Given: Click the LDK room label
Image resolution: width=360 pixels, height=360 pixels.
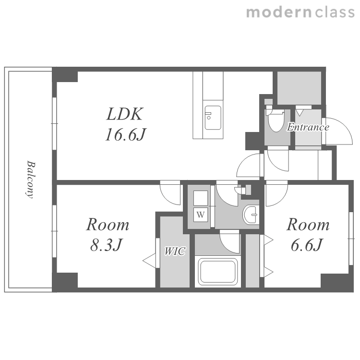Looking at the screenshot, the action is [x=125, y=114].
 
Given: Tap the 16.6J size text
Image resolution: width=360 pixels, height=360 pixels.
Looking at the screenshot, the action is [x=126, y=134].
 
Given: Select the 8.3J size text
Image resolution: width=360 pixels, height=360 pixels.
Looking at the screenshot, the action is [x=106, y=245].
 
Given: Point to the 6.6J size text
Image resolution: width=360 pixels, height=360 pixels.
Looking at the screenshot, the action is [x=307, y=245].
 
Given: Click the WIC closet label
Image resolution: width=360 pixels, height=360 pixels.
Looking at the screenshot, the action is [x=175, y=251].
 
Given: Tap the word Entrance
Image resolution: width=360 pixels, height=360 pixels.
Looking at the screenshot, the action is [x=308, y=127].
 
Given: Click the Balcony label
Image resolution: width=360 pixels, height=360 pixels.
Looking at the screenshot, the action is [x=30, y=180].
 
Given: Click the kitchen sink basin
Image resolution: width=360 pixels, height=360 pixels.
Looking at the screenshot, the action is [x=213, y=118].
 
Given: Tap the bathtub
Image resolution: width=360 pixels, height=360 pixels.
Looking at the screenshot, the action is [x=217, y=271].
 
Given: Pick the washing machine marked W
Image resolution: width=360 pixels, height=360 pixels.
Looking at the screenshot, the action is [x=201, y=215].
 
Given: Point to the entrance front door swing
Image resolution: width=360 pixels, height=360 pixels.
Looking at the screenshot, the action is [x=337, y=131].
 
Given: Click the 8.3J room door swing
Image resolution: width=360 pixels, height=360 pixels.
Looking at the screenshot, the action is [x=170, y=193].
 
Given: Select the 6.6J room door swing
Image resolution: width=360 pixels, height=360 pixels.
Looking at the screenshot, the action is [x=276, y=193].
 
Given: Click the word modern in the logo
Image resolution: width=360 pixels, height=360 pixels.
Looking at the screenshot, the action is [x=279, y=12].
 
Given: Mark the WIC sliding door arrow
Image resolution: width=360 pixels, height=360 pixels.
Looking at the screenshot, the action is [x=149, y=261].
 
